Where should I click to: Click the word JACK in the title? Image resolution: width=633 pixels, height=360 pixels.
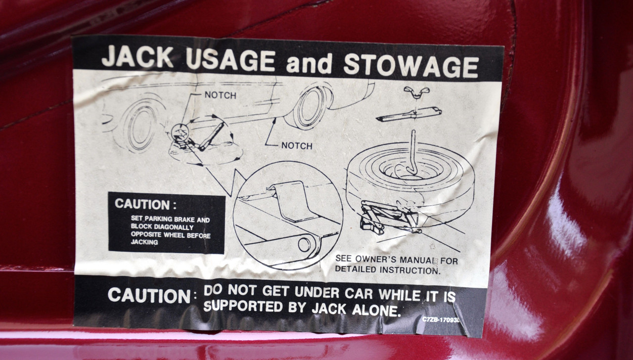pos(137,56)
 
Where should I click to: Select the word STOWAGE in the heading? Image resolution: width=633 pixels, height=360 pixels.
pos(411,66)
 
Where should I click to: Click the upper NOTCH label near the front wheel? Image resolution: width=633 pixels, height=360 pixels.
pos(221,95)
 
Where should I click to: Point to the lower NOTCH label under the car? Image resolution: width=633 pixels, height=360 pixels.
pos(297,146)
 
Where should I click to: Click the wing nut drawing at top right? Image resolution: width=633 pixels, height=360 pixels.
pos(416,92)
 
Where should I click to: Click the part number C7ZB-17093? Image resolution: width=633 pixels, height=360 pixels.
pos(441,319)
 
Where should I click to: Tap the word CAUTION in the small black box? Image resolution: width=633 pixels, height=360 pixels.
pos(142,204)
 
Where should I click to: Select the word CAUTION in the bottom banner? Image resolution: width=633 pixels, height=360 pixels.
pos(149,296)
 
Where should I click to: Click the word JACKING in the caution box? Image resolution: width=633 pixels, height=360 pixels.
pos(144,242)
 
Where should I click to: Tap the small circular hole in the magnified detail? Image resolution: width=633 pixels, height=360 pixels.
pos(304,245)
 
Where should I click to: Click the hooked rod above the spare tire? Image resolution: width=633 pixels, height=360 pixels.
pos(412,153)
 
